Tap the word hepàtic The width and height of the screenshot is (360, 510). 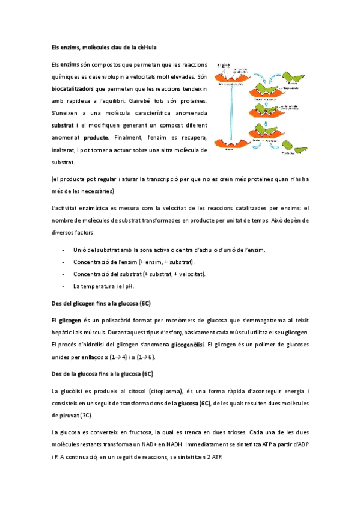62,333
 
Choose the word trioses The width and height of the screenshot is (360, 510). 235,432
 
